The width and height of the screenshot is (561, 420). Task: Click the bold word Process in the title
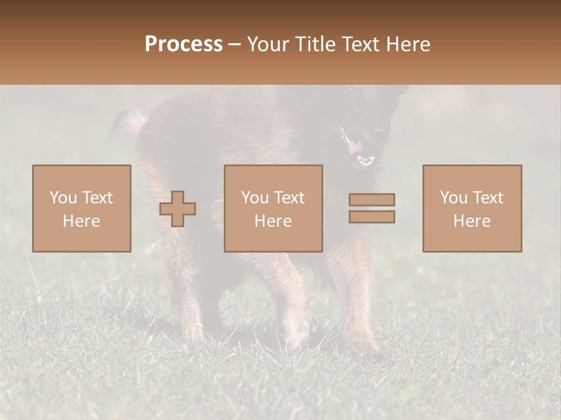click(x=183, y=44)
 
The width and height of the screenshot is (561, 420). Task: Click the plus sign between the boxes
click(x=178, y=209)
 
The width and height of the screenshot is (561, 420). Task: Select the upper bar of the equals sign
click(x=372, y=199)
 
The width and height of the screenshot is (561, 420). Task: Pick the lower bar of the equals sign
click(x=372, y=217)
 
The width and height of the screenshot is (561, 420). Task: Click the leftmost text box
click(x=82, y=208)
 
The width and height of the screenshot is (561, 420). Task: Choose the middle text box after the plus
click(x=273, y=208)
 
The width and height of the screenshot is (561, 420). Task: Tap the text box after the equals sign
click(x=472, y=208)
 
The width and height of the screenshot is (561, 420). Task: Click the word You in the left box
click(x=63, y=198)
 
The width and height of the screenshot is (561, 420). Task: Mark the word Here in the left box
click(x=82, y=221)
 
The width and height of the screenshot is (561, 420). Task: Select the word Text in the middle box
click(x=289, y=198)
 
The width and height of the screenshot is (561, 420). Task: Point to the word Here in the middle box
click(x=273, y=221)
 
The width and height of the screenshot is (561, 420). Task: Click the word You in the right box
click(x=453, y=198)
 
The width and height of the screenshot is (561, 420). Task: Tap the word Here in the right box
click(x=472, y=221)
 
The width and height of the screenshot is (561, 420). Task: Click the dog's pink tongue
click(x=355, y=148)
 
